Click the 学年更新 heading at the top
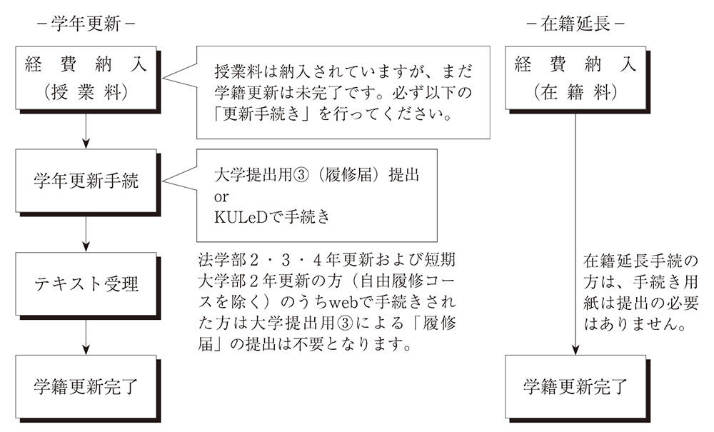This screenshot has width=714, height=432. (x=86, y=23)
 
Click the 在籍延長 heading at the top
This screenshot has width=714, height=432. (x=575, y=23)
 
